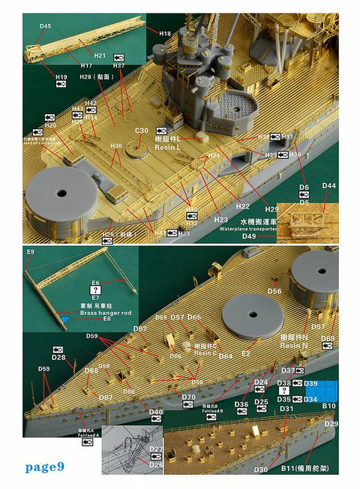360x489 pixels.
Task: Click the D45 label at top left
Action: click(45, 26)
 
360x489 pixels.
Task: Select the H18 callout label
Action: click(165, 33)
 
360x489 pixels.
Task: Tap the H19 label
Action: click(61, 76)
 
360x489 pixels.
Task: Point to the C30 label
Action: click(142, 130)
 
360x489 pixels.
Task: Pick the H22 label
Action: click(242, 205)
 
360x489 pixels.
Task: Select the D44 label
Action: click(329, 185)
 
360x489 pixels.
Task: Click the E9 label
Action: click(30, 251)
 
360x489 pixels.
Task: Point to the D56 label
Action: click(274, 291)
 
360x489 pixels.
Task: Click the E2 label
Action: click(244, 352)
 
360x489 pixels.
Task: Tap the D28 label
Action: click(58, 357)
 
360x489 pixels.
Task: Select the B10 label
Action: click(328, 406)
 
